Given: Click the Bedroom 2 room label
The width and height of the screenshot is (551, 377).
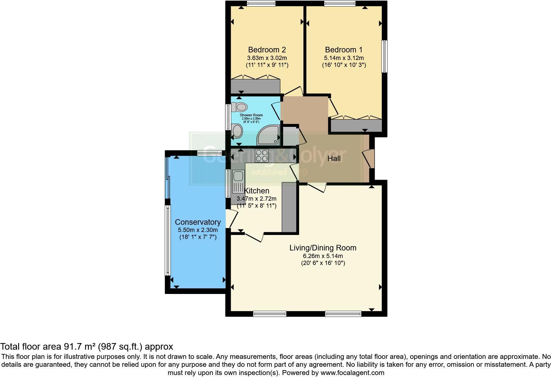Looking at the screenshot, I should (x=267, y=50).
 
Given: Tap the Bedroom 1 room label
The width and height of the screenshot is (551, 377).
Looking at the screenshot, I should (x=344, y=50).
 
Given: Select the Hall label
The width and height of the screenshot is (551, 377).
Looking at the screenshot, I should (x=334, y=159).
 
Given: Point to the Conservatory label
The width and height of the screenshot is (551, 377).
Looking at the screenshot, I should (x=198, y=222).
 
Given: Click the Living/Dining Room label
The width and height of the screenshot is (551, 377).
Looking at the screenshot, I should (x=323, y=248).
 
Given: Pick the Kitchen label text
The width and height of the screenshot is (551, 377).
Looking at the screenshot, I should (x=257, y=190).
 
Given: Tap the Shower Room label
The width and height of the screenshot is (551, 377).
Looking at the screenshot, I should (x=251, y=115).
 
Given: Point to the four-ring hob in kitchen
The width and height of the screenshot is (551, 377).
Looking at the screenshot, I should (x=262, y=156).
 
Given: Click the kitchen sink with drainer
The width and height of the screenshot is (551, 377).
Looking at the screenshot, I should (x=238, y=182).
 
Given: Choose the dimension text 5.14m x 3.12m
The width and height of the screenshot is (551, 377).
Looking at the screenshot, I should (x=344, y=58).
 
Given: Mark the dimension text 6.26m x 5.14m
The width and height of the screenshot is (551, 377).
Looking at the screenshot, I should (x=323, y=256).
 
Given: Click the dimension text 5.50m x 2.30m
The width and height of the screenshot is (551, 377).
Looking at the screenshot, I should (x=198, y=230).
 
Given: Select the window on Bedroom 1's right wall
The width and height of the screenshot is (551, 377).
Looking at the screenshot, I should (x=384, y=56).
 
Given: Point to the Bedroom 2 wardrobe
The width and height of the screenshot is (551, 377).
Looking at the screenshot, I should (x=255, y=86).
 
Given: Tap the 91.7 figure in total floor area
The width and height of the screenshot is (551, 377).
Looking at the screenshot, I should (x=72, y=346).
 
